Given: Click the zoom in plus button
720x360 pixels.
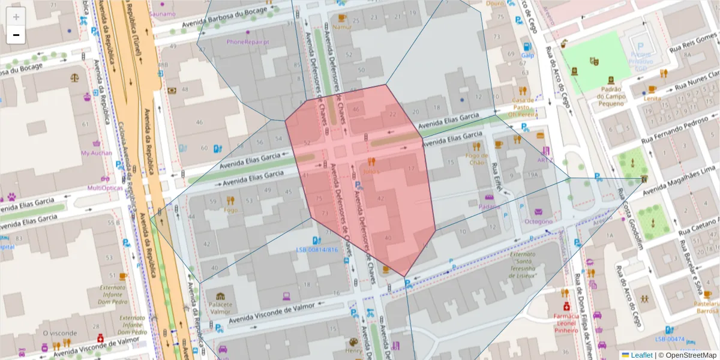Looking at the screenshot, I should [x=16, y=17].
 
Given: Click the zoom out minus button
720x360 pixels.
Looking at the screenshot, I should [x=16, y=35].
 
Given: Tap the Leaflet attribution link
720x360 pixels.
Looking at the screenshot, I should [x=641, y=355].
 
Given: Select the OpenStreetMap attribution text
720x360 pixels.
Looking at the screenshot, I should [x=691, y=355].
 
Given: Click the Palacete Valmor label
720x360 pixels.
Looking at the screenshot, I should [x=220, y=308].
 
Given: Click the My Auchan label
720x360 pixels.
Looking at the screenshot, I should [x=97, y=152].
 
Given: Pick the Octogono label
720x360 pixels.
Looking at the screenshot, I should [x=538, y=221].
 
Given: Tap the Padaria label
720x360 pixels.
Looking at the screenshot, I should [x=490, y=206].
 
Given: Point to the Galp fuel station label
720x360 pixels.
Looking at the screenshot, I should [x=527, y=55].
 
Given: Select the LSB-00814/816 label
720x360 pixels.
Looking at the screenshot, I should [x=317, y=250].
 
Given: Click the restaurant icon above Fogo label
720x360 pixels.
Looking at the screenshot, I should [x=230, y=200].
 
